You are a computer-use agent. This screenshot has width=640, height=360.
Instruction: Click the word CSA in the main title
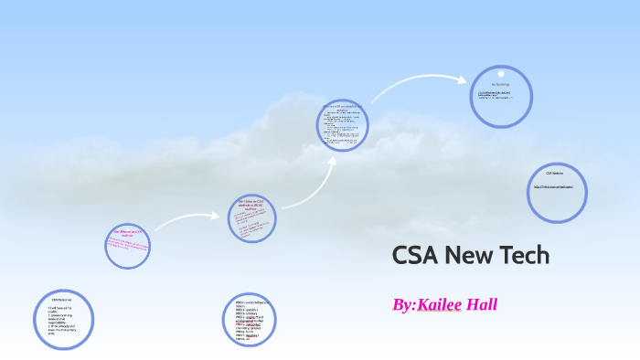pos(415,256)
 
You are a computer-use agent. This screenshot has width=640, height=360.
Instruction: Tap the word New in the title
pos(471,256)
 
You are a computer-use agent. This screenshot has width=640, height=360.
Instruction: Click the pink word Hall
pos(481,304)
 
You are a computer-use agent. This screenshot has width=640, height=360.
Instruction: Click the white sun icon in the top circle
pos(501,74)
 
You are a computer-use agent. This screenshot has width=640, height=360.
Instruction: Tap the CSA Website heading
pos(555,173)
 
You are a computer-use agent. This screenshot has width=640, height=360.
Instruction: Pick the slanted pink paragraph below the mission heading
pos(128,246)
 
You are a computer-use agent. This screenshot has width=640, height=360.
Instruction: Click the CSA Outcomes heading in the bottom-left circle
pos(61,300)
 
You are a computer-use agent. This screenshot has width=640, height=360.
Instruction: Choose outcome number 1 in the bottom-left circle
pos(60,310)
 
